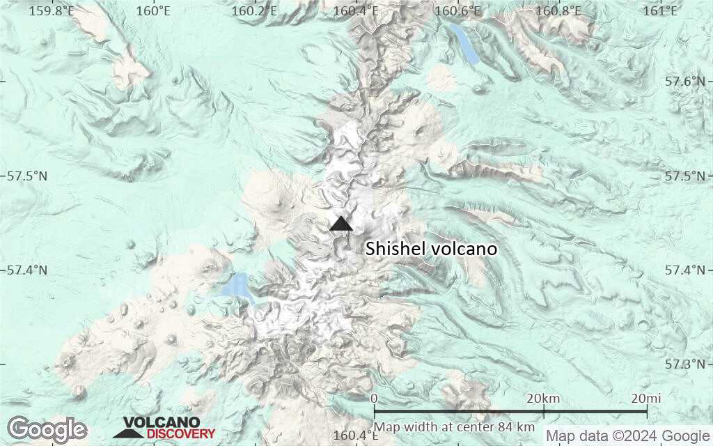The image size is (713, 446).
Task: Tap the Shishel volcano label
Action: (x=432, y=249)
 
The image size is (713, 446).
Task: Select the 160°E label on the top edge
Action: (x=153, y=10)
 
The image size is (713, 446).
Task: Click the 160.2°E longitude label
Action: (x=254, y=10)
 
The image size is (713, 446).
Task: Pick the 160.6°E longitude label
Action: (x=458, y=10)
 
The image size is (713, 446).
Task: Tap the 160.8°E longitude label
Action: (x=560, y=10)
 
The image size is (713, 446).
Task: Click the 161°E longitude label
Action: (x=661, y=10)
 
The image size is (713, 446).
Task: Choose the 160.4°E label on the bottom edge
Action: (x=355, y=436)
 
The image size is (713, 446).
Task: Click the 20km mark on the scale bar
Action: (x=542, y=399)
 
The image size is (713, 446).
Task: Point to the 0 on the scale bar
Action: (x=375, y=399)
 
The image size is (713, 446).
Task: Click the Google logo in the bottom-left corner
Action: (x=47, y=429)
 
